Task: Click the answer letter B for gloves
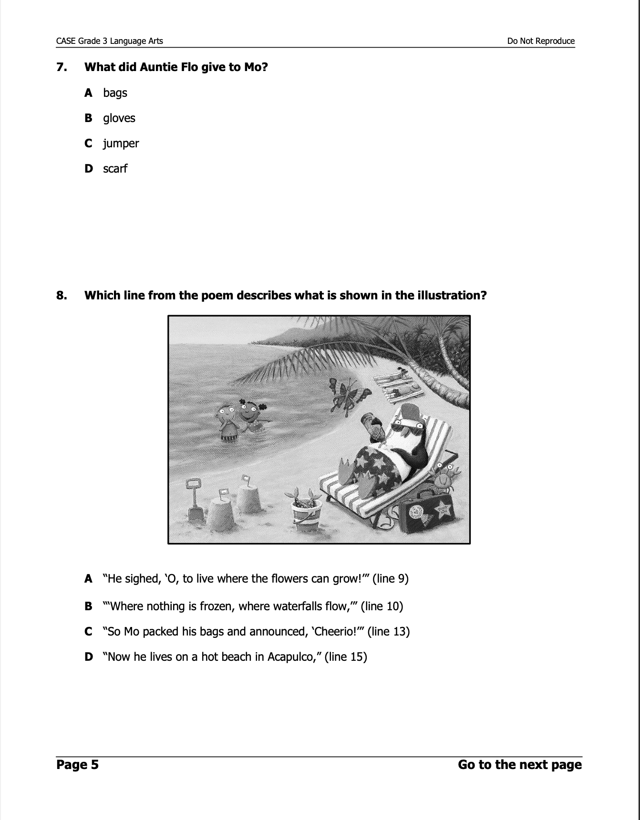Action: pyautogui.click(x=88, y=118)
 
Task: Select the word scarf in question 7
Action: pyautogui.click(x=115, y=169)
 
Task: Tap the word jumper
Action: pyautogui.click(x=121, y=143)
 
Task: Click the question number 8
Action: pyautogui.click(x=62, y=296)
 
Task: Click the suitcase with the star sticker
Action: pyautogui.click(x=427, y=515)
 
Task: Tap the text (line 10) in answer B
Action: pyautogui.click(x=382, y=606)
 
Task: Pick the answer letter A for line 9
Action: pyautogui.click(x=88, y=579)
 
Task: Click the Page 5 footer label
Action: pyautogui.click(x=77, y=765)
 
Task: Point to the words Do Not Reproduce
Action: pyautogui.click(x=541, y=41)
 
